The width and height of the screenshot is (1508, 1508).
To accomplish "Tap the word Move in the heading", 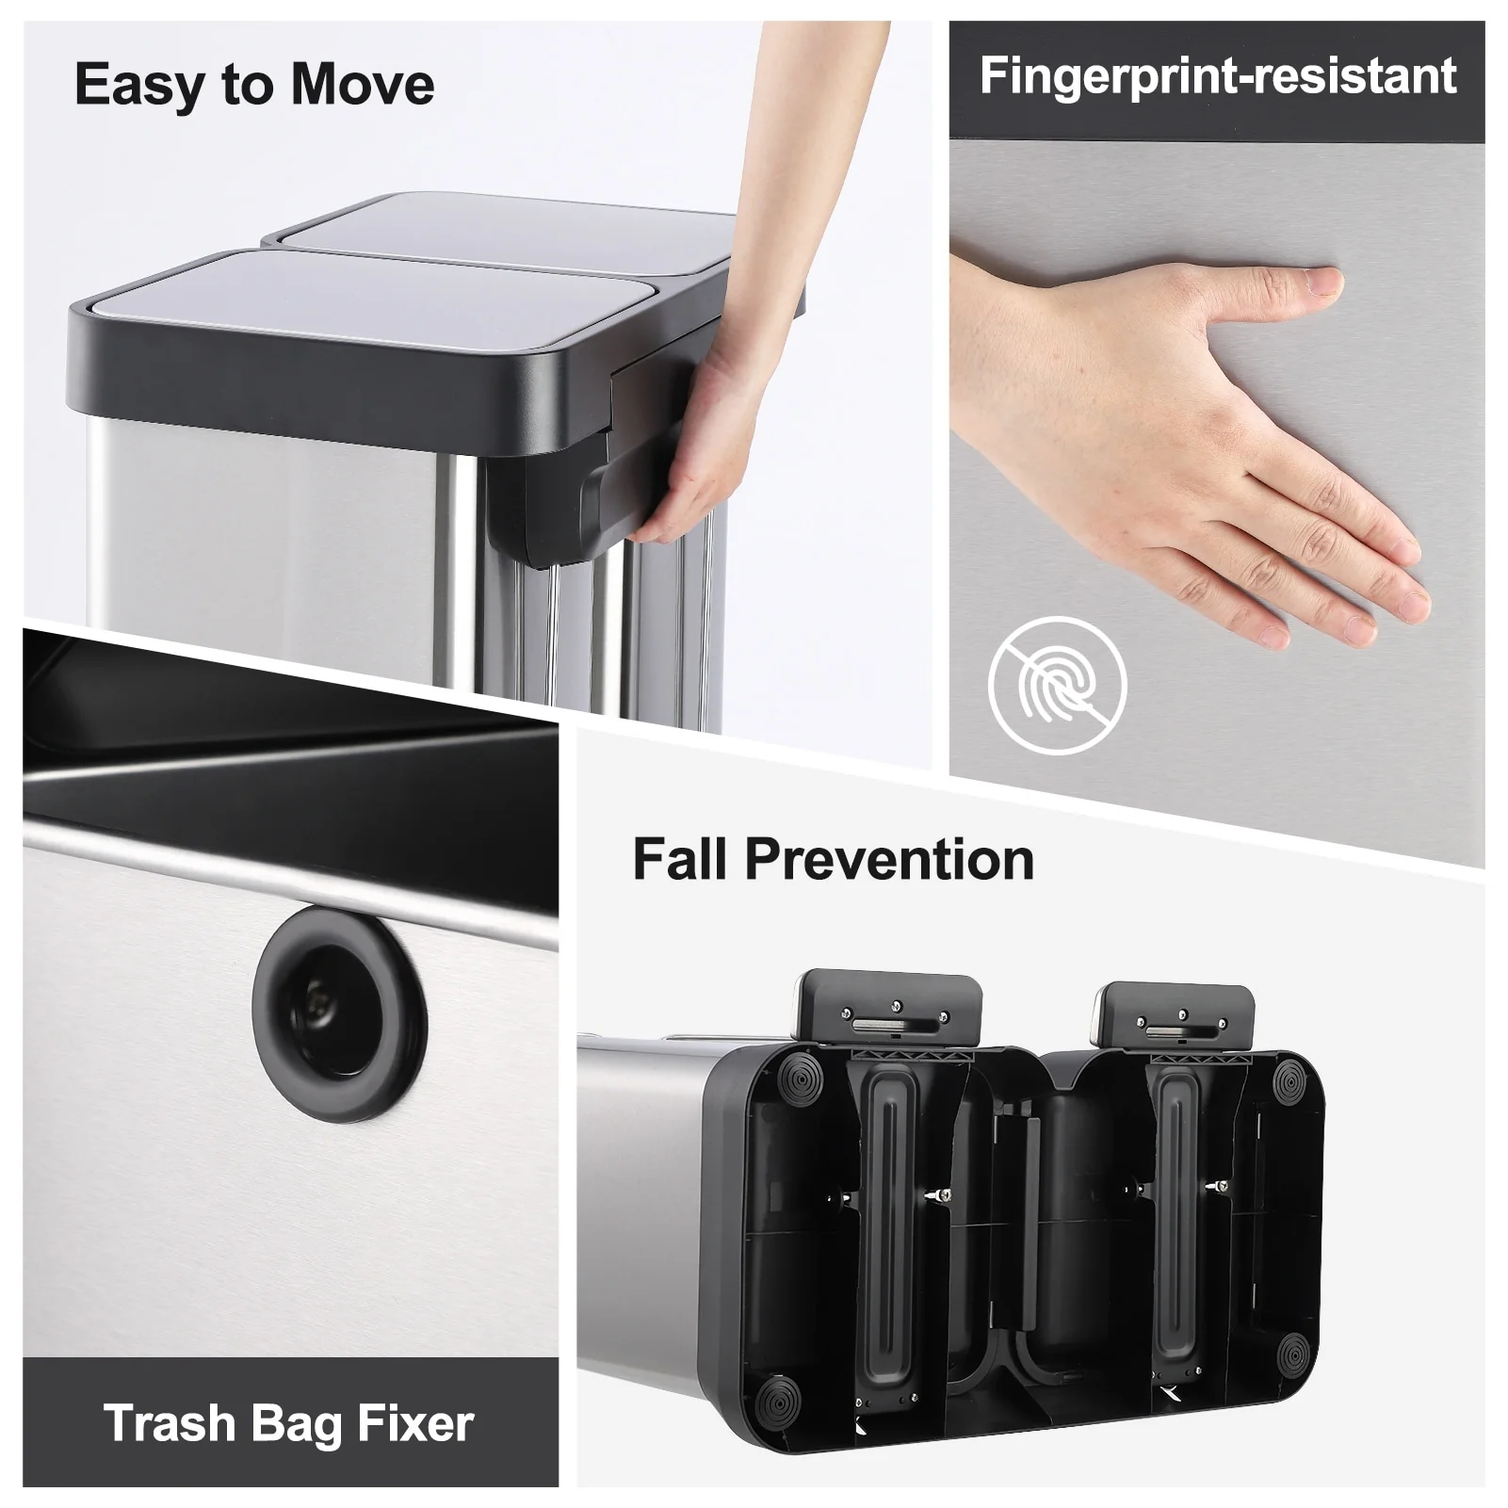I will click(363, 85).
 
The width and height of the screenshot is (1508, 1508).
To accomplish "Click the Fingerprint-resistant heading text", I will click(1217, 76).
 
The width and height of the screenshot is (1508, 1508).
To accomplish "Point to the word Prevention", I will click(889, 859).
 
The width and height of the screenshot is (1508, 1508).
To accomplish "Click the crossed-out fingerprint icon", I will click(1057, 685).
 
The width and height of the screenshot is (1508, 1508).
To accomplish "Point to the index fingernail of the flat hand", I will click(1324, 280).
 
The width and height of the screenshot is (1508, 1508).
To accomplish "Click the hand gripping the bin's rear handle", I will click(697, 443).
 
